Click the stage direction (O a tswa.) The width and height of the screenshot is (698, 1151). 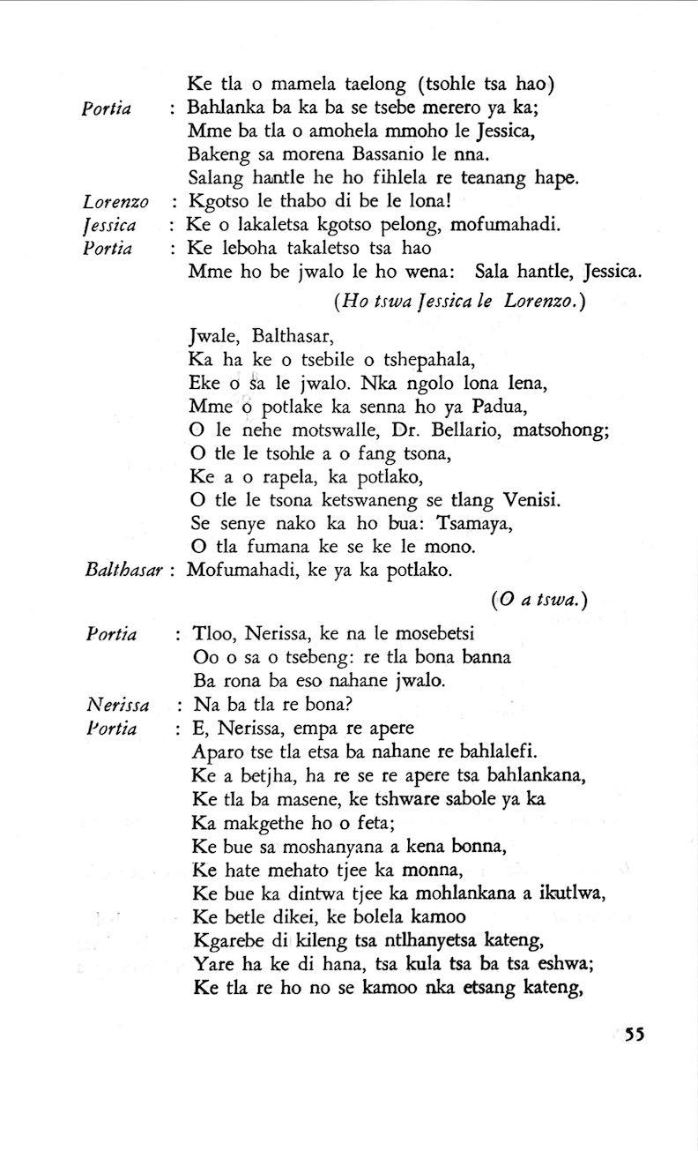pyautogui.click(x=538, y=600)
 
